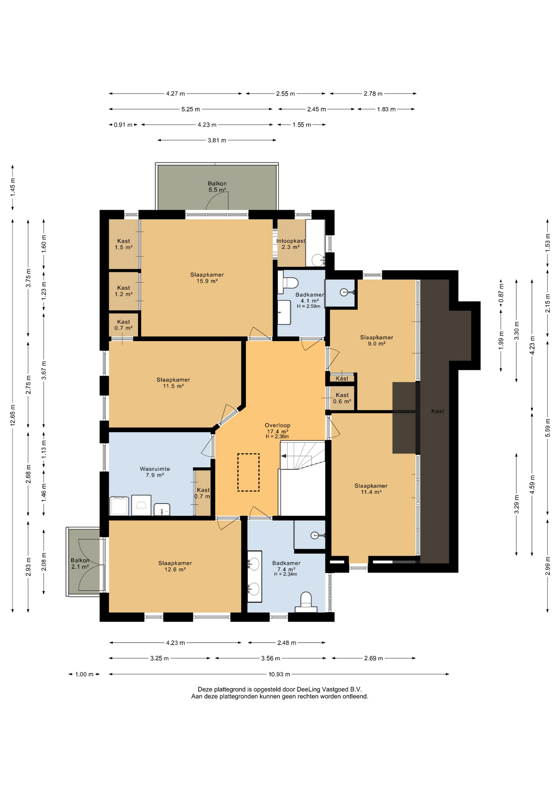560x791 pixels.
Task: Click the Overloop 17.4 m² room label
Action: point(277,431)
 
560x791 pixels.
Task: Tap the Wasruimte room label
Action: point(155,472)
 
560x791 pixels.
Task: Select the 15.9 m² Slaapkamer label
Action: point(207,278)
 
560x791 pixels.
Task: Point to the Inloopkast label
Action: point(291,241)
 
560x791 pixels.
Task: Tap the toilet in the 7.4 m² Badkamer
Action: point(306,602)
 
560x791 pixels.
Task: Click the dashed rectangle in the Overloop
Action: point(248,472)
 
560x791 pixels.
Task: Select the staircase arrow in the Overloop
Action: point(289,456)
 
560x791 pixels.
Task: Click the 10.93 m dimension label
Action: point(279,674)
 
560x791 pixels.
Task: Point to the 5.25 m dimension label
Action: point(191,109)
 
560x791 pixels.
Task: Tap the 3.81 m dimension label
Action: point(217,140)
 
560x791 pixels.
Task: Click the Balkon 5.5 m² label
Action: point(217,187)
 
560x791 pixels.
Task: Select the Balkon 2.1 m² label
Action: point(80,564)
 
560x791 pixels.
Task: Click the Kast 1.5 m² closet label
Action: point(123,244)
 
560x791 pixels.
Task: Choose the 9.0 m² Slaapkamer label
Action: point(376,340)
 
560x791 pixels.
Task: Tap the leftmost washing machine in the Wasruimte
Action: point(119,506)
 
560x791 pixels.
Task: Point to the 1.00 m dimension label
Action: point(84,674)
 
